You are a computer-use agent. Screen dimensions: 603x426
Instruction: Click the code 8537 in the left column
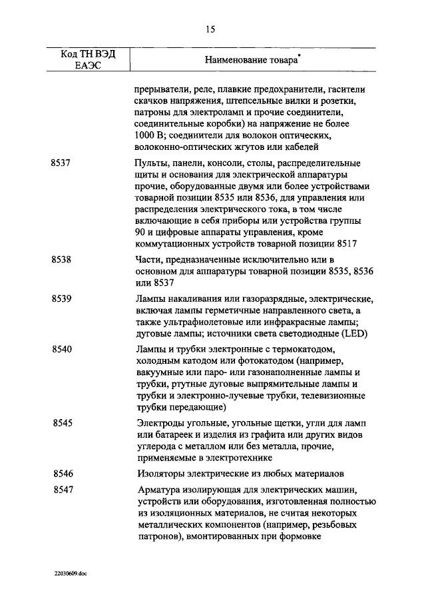61,163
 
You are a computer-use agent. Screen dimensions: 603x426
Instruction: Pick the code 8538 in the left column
61,258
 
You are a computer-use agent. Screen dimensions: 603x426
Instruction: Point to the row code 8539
61,299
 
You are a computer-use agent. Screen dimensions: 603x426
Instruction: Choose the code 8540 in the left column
61,349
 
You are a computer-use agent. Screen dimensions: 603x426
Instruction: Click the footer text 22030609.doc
71,572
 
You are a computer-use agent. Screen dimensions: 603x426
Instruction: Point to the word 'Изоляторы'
161,474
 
